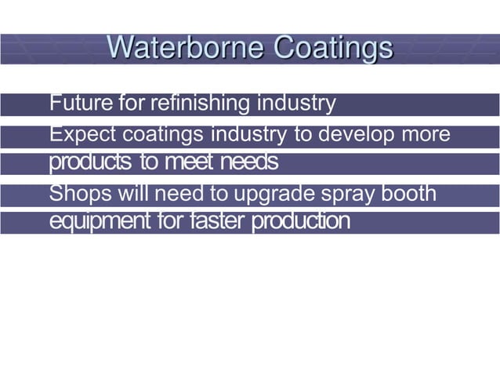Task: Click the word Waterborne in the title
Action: coord(185,47)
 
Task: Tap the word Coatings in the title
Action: coord(333,47)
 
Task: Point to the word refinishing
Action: coord(201,103)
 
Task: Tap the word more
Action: coord(426,134)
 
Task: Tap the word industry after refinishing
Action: coord(297,103)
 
